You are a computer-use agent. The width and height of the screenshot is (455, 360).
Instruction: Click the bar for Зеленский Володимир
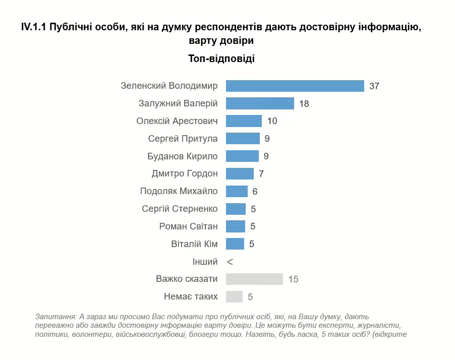[x=295, y=86]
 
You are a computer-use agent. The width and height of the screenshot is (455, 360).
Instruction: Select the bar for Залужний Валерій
[x=260, y=103]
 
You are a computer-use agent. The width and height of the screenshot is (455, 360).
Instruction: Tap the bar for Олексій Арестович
[x=244, y=121]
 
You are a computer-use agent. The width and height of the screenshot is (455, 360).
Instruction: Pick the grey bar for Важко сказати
[x=254, y=279]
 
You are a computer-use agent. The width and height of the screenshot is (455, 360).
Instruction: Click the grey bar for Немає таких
[x=234, y=296]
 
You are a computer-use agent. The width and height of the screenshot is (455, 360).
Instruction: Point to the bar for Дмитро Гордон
[x=240, y=173]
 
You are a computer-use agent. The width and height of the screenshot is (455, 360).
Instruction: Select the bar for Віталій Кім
[x=235, y=244]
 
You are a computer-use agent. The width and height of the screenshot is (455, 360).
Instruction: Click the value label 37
[x=374, y=86]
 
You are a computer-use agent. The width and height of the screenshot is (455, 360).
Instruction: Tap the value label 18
[x=304, y=104]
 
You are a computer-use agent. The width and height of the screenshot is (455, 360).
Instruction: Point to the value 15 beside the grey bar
[x=293, y=279]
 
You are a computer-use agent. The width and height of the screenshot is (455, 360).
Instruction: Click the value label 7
[x=261, y=174]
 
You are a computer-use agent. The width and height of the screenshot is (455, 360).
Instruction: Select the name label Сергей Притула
[x=183, y=139]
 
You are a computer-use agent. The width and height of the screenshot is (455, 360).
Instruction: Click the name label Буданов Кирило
[x=183, y=156]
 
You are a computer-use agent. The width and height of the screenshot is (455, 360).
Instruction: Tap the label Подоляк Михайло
[x=179, y=191]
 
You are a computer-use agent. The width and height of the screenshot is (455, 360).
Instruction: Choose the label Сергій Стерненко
[x=180, y=209]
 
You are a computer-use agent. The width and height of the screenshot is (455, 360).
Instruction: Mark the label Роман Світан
[x=189, y=226]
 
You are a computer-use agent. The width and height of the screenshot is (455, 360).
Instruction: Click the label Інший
[x=205, y=262]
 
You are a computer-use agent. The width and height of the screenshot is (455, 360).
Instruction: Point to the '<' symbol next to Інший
[x=230, y=262]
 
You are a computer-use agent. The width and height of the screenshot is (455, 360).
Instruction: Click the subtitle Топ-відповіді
[x=221, y=58]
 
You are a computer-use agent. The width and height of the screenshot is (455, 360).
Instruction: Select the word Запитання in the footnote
[x=54, y=317]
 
